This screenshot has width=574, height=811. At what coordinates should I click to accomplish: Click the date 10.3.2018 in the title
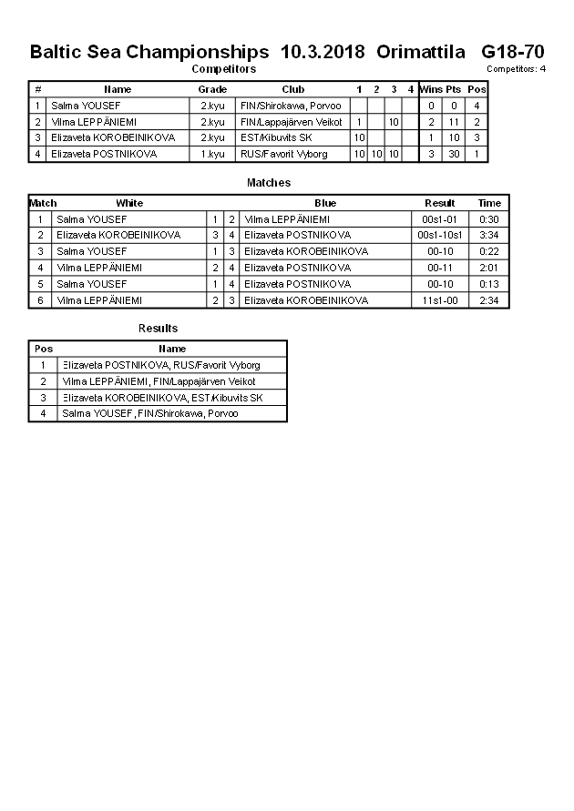(323, 51)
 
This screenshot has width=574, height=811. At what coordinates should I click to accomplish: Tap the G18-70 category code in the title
(513, 51)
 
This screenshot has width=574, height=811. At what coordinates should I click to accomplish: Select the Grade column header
(212, 89)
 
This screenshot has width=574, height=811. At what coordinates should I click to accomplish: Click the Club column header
(292, 89)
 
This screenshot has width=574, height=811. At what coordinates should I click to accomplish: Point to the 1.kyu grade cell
(212, 154)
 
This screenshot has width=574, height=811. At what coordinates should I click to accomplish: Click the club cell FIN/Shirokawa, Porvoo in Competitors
(291, 106)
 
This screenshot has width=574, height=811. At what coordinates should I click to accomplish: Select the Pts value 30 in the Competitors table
(453, 154)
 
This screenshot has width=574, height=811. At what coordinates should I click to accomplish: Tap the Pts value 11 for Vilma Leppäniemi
(453, 122)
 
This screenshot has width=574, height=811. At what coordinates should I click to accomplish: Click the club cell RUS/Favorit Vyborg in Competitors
(284, 154)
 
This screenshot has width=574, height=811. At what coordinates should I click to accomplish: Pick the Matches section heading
(269, 183)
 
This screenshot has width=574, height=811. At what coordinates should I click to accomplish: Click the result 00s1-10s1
(440, 236)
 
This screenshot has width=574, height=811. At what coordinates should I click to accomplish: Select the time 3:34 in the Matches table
(489, 236)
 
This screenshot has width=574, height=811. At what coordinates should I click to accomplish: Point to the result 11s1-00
(440, 300)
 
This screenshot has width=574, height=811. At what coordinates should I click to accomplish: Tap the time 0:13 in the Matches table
(489, 284)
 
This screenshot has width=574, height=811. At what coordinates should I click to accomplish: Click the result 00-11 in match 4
(440, 268)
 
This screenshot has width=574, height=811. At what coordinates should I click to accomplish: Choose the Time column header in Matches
(489, 203)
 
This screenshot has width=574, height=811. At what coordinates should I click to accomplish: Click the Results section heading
(158, 329)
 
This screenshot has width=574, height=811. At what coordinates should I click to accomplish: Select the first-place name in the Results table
(160, 365)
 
